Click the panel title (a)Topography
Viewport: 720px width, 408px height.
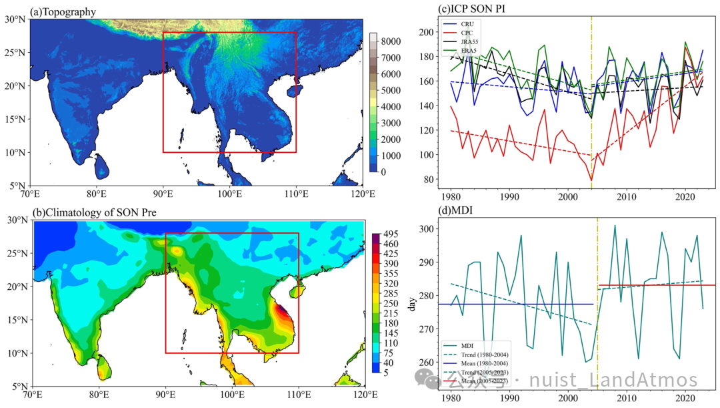tap(63, 11)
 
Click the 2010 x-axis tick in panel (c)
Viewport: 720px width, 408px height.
tap(626, 198)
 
